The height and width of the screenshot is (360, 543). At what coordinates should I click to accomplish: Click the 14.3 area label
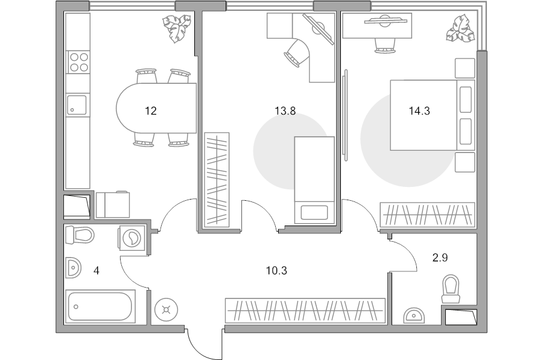pyautogui.click(x=419, y=111)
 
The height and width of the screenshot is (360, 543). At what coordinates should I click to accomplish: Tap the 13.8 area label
pyautogui.click(x=285, y=111)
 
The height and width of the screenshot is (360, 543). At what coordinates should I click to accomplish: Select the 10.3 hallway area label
pyautogui.click(x=276, y=271)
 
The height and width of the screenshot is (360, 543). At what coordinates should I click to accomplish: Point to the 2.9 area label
pyautogui.click(x=440, y=257)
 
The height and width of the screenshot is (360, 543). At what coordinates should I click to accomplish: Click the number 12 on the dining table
pyautogui.click(x=151, y=111)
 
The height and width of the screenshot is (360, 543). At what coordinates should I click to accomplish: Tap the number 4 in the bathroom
pyautogui.click(x=97, y=271)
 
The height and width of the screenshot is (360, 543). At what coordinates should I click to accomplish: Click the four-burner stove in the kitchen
pyautogui.click(x=79, y=62)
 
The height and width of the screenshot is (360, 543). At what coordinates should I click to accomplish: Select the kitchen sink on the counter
pyautogui.click(x=77, y=105)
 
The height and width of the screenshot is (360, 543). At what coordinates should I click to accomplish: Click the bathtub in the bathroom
pyautogui.click(x=100, y=306)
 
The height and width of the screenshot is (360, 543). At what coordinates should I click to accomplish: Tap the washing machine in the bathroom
pyautogui.click(x=132, y=238)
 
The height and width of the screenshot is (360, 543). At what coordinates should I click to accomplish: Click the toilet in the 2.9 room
pyautogui.click(x=451, y=289)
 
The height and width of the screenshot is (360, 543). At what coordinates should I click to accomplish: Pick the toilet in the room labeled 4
pyautogui.click(x=80, y=235)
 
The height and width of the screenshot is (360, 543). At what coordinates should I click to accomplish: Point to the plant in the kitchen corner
pyautogui.click(x=177, y=28)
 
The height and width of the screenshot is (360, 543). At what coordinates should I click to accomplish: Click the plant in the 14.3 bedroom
pyautogui.click(x=460, y=29)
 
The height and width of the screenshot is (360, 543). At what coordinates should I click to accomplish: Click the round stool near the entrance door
pyautogui.click(x=167, y=310)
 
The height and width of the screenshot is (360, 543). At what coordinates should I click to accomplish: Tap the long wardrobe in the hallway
pyautogui.click(x=305, y=311)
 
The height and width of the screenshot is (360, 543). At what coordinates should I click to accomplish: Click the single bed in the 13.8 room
pyautogui.click(x=314, y=180)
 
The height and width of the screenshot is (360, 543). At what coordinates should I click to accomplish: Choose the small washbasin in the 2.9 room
pyautogui.click(x=414, y=315)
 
